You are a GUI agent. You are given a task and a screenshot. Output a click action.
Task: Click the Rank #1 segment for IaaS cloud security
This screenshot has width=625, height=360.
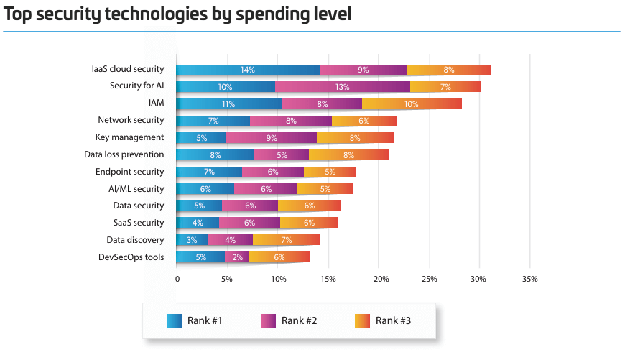pyautogui.click(x=248, y=70)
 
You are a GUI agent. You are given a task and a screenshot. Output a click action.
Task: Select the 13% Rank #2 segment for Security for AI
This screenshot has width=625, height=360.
pyautogui.click(x=343, y=87)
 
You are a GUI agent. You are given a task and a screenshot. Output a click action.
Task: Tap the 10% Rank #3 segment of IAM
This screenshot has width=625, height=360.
pyautogui.click(x=412, y=104)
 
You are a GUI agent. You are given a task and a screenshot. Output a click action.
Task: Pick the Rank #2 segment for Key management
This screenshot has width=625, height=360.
pyautogui.click(x=272, y=137)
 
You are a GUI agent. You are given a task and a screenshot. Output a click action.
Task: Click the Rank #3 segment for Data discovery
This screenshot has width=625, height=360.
pyautogui.click(x=287, y=240)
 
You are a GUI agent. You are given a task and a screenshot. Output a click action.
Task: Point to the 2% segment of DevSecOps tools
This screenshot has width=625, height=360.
pyautogui.click(x=237, y=257)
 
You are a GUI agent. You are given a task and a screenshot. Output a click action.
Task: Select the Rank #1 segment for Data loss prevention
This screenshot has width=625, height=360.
pyautogui.click(x=216, y=154)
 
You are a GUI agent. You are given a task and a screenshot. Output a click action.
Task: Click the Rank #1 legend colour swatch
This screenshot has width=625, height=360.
pyautogui.click(x=174, y=320)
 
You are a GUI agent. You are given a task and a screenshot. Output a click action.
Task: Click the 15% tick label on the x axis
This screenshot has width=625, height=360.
pyautogui.click(x=329, y=279)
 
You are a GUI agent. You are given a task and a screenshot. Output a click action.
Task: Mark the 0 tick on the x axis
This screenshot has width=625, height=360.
pyautogui.click(x=177, y=279)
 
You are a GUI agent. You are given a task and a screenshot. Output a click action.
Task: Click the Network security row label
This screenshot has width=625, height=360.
pyautogui.click(x=131, y=121)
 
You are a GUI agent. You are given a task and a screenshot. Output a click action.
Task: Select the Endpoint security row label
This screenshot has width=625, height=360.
pyautogui.click(x=130, y=172)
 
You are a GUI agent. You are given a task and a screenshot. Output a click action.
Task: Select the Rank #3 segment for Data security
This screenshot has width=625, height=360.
pyautogui.click(x=309, y=206)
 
